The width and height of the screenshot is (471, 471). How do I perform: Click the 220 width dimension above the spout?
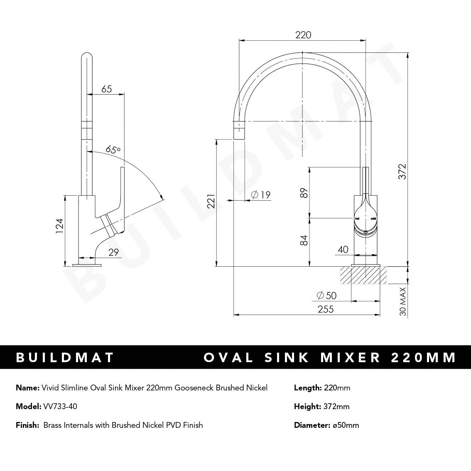[303, 35]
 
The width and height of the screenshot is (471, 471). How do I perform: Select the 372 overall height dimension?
[402, 172]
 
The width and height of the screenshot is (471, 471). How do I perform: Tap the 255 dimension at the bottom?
[325, 309]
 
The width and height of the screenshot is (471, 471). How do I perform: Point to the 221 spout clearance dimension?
[211, 201]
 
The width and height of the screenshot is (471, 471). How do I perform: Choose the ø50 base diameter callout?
[326, 295]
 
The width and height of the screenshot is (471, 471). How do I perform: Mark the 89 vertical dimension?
[304, 193]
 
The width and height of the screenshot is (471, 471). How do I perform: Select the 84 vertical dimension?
[304, 240]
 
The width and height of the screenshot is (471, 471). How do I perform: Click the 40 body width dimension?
[343, 250]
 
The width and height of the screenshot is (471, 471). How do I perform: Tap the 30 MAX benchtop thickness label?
[402, 302]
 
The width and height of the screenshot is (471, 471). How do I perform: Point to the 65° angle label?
[113, 149]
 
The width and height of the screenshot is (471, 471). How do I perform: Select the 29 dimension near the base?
[113, 252]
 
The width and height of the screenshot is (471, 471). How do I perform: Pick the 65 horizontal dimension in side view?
[107, 89]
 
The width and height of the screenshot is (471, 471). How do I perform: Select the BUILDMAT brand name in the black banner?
[65, 358]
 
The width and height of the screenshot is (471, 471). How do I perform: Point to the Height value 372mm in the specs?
[336, 406]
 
